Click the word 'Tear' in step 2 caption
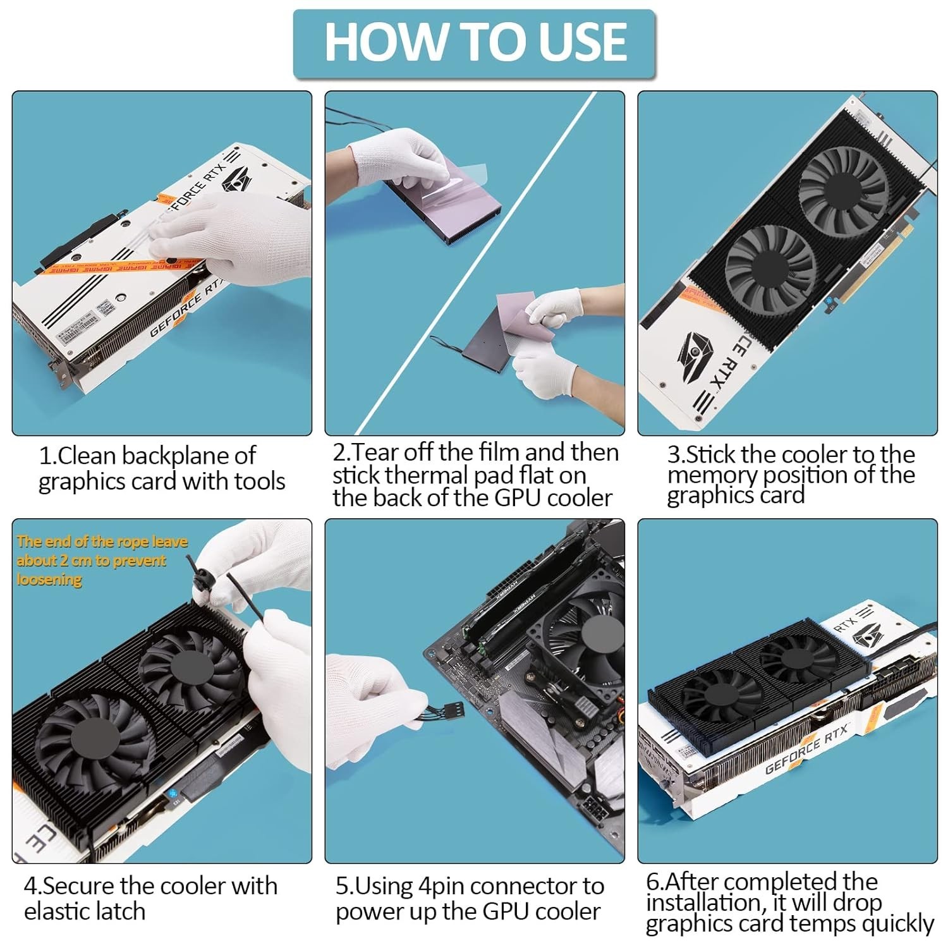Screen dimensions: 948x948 pyautogui.click(x=377, y=453)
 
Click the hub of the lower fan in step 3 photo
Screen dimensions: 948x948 pyautogui.click(x=769, y=268)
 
